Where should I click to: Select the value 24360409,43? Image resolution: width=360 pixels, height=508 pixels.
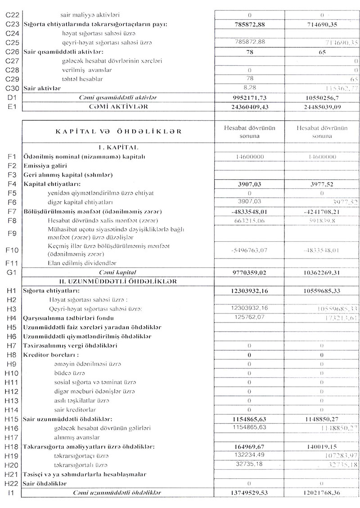click(249, 107)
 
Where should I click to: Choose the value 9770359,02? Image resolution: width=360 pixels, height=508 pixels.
click(249, 272)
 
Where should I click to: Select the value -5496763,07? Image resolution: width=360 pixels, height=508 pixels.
click(249, 250)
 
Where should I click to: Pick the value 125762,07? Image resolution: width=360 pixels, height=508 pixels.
click(249, 318)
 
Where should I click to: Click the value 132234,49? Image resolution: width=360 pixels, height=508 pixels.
click(249, 455)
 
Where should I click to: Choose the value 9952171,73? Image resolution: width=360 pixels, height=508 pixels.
click(249, 97)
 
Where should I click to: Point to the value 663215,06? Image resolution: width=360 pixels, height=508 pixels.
click(249, 221)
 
